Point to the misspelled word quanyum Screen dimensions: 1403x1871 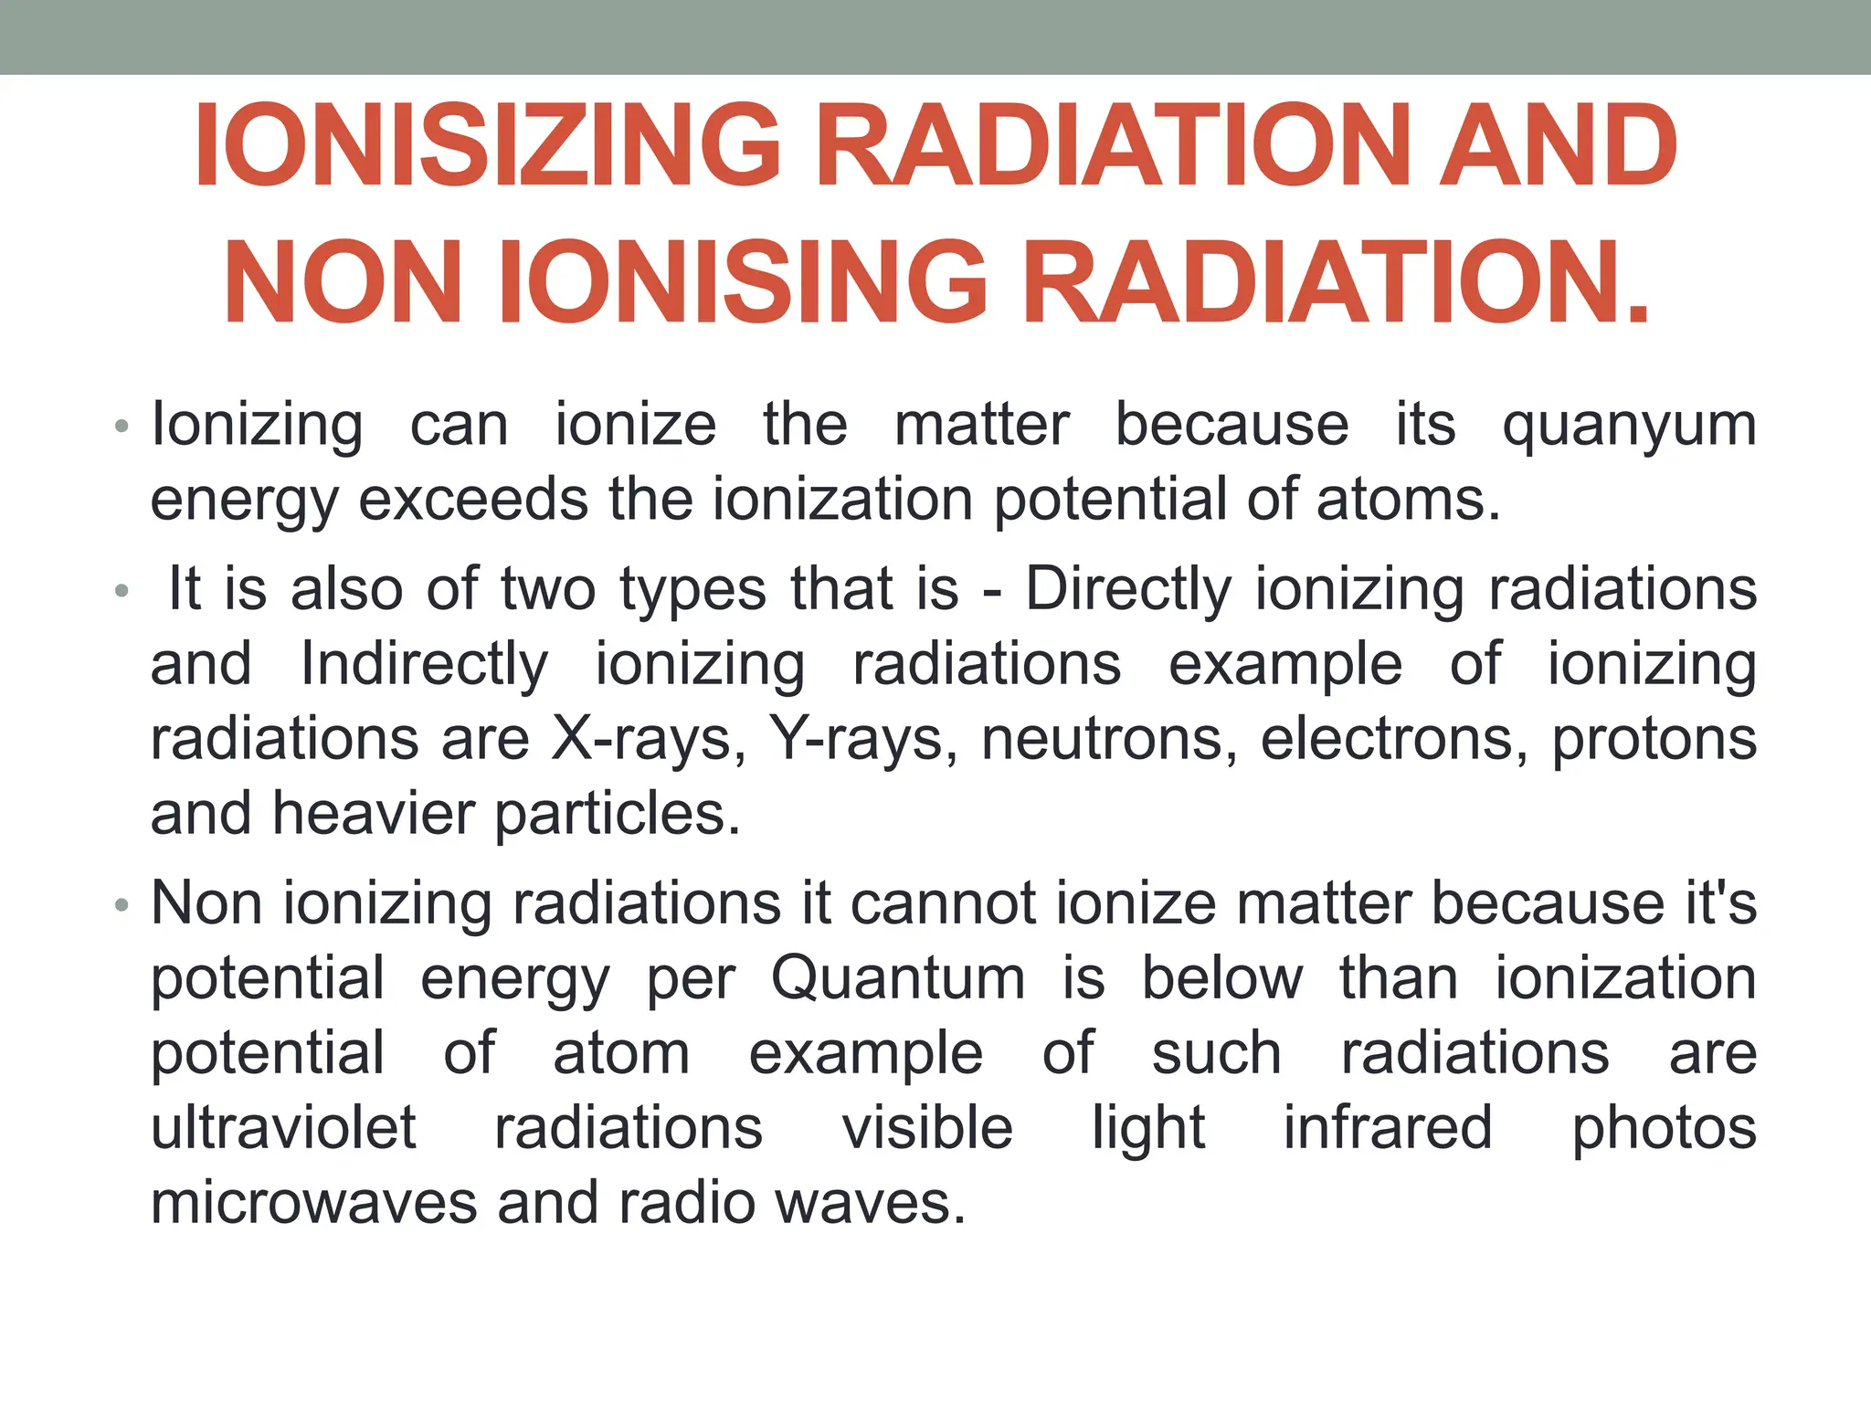1630,426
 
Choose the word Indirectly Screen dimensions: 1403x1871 425,664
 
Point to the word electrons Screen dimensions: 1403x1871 1394,738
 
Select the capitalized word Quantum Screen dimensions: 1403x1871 898,978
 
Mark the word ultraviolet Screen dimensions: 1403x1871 283,1128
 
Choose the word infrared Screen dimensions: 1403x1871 1388,1128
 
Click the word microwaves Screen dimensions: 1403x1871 313,1203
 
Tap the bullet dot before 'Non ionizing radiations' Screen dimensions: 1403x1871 122,906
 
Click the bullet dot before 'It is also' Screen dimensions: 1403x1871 122,592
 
